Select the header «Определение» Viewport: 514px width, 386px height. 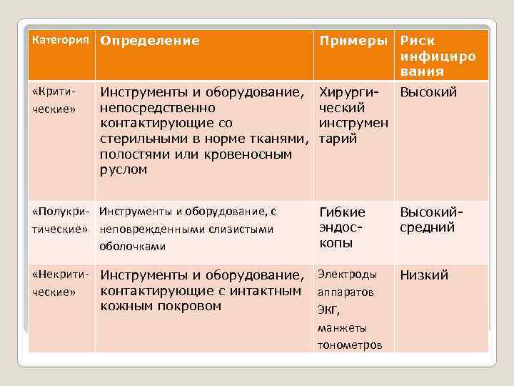150,41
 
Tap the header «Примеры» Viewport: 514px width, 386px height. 353,41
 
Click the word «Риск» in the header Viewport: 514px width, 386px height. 418,41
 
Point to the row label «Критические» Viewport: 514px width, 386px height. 54,101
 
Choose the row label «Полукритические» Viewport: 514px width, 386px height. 61,219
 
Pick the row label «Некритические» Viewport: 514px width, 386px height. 61,282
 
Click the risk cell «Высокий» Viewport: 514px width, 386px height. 428,92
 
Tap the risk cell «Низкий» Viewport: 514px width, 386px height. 424,275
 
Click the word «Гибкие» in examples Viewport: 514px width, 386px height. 342,212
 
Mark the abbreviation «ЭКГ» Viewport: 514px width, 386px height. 329,310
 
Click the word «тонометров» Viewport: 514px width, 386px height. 350,345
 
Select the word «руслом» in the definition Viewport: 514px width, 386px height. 124,169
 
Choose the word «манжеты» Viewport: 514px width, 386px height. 343,328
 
